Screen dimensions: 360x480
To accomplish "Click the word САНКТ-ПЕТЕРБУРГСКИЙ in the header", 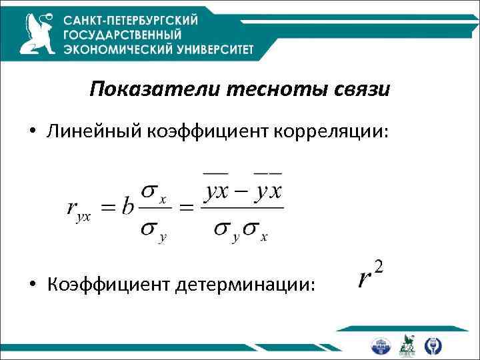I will coord(131,20).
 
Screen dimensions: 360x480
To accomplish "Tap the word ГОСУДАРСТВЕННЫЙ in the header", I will coord(121,35).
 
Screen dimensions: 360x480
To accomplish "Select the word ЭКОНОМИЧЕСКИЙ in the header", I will coord(113,49).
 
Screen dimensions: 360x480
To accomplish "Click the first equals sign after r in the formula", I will coord(109,209).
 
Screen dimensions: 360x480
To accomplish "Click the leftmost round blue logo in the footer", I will coord(381,345).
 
